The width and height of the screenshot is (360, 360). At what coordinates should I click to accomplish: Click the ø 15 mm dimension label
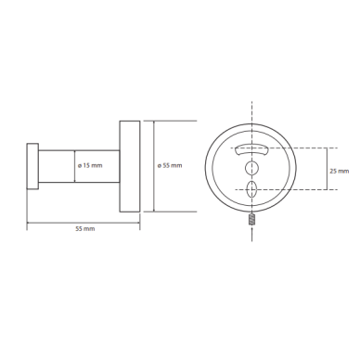pyautogui.click(x=90, y=165)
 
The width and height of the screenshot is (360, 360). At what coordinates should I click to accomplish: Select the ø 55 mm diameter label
pyautogui.click(x=170, y=165)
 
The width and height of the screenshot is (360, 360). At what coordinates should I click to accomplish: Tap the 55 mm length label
pyautogui.click(x=85, y=229)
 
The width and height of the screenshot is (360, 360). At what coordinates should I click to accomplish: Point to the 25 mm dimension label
pyautogui.click(x=340, y=171)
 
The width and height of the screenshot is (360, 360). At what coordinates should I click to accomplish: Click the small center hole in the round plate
pyautogui.click(x=251, y=168)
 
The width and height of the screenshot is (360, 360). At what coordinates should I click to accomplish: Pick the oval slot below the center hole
pyautogui.click(x=251, y=189)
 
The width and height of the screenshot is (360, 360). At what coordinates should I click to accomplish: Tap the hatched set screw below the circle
pyautogui.click(x=251, y=220)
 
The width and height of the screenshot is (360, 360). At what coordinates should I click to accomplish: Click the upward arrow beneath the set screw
pyautogui.click(x=251, y=234)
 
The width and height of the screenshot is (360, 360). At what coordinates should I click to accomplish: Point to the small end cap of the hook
pyautogui.click(x=32, y=166)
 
